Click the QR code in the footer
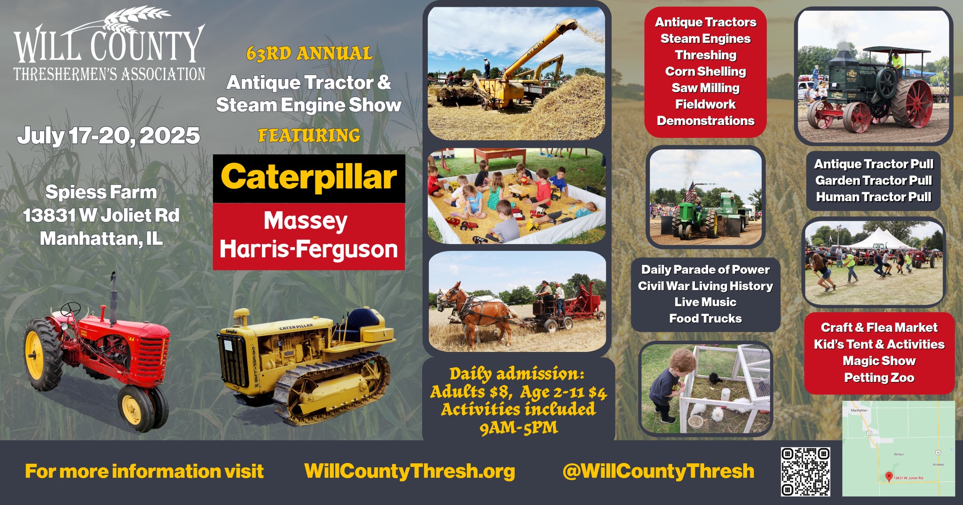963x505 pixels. coord(805,472)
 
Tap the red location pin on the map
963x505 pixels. coord(889,477)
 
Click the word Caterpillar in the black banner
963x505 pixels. coord(309,178)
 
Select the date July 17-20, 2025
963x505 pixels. coord(109,136)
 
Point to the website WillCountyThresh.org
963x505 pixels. coord(410,471)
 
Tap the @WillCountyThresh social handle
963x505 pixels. coord(658,471)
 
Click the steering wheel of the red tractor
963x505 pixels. coord(71,309)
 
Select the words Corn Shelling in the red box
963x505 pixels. coord(705,71)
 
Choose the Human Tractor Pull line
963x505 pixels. coord(874,197)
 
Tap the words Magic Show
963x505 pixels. coord(879,361)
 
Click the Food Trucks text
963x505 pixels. coord(705,319)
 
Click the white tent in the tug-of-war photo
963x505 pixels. coord(877,239)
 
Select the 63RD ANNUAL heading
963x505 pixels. coord(309,54)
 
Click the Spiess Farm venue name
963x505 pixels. coord(101,192)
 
